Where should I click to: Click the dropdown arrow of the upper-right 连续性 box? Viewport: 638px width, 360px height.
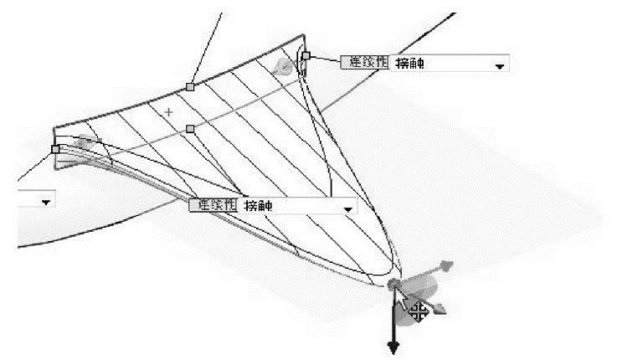[x=501, y=65]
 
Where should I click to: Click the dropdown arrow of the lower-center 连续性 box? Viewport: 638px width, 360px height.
[x=348, y=208]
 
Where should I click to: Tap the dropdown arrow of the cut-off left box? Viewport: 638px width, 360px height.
[x=44, y=202]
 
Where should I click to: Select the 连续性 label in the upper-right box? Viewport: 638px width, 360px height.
[x=363, y=62]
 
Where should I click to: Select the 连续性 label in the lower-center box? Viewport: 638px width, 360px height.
[x=214, y=205]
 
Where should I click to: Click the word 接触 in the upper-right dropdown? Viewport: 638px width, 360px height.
[x=409, y=62]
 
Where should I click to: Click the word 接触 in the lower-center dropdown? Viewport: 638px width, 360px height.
[x=259, y=205]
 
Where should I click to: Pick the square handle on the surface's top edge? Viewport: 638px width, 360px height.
[x=190, y=86]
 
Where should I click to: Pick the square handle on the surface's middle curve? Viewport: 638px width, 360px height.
[x=190, y=129]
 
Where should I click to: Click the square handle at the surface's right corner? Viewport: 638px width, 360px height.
[x=306, y=56]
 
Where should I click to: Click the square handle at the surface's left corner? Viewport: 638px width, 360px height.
[x=55, y=149]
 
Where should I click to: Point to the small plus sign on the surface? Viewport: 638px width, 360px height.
[x=169, y=111]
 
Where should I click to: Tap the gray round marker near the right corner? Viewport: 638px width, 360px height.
[x=286, y=66]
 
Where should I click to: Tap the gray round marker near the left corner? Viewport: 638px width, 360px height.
[x=82, y=143]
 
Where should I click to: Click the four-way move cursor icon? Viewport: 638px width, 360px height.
[x=419, y=311]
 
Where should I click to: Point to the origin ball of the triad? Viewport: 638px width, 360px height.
[x=394, y=286]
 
